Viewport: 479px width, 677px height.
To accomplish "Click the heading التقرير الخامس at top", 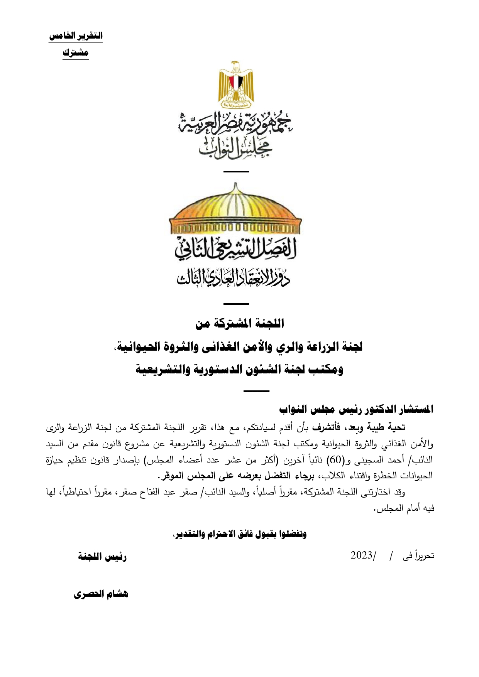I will coord(76,36).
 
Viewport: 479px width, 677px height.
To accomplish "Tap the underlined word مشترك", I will coord(76,53).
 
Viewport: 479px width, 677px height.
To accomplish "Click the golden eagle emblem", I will coord(236,85).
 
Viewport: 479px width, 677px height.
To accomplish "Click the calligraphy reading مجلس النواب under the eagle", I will coord(235,150).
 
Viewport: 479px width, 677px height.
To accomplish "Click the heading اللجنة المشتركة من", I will coord(240,323).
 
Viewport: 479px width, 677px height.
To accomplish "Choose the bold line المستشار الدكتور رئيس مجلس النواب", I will coord(356,409).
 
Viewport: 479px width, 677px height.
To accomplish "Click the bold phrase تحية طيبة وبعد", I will coord(374,427).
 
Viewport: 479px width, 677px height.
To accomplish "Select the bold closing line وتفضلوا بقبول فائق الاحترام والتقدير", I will coord(240,534).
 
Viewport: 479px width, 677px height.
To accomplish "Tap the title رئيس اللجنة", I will coord(102,557).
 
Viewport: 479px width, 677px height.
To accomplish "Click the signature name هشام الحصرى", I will coord(101,594).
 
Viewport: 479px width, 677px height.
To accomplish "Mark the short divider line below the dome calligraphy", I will coord(236,304).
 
